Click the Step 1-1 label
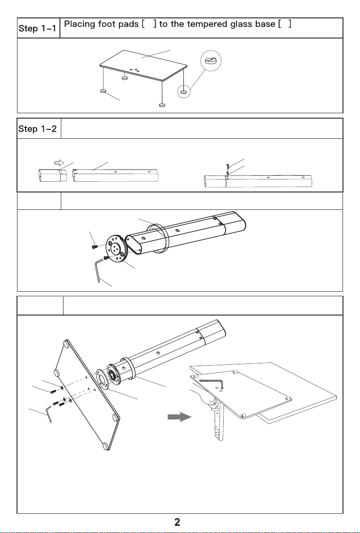38,28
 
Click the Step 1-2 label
38,128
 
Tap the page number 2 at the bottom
177,522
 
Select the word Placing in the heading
80,25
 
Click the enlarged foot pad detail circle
211,61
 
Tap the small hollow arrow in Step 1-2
59,162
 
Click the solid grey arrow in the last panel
180,417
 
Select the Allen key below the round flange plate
98,270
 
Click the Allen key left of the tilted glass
49,414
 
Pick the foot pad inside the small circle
184,92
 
